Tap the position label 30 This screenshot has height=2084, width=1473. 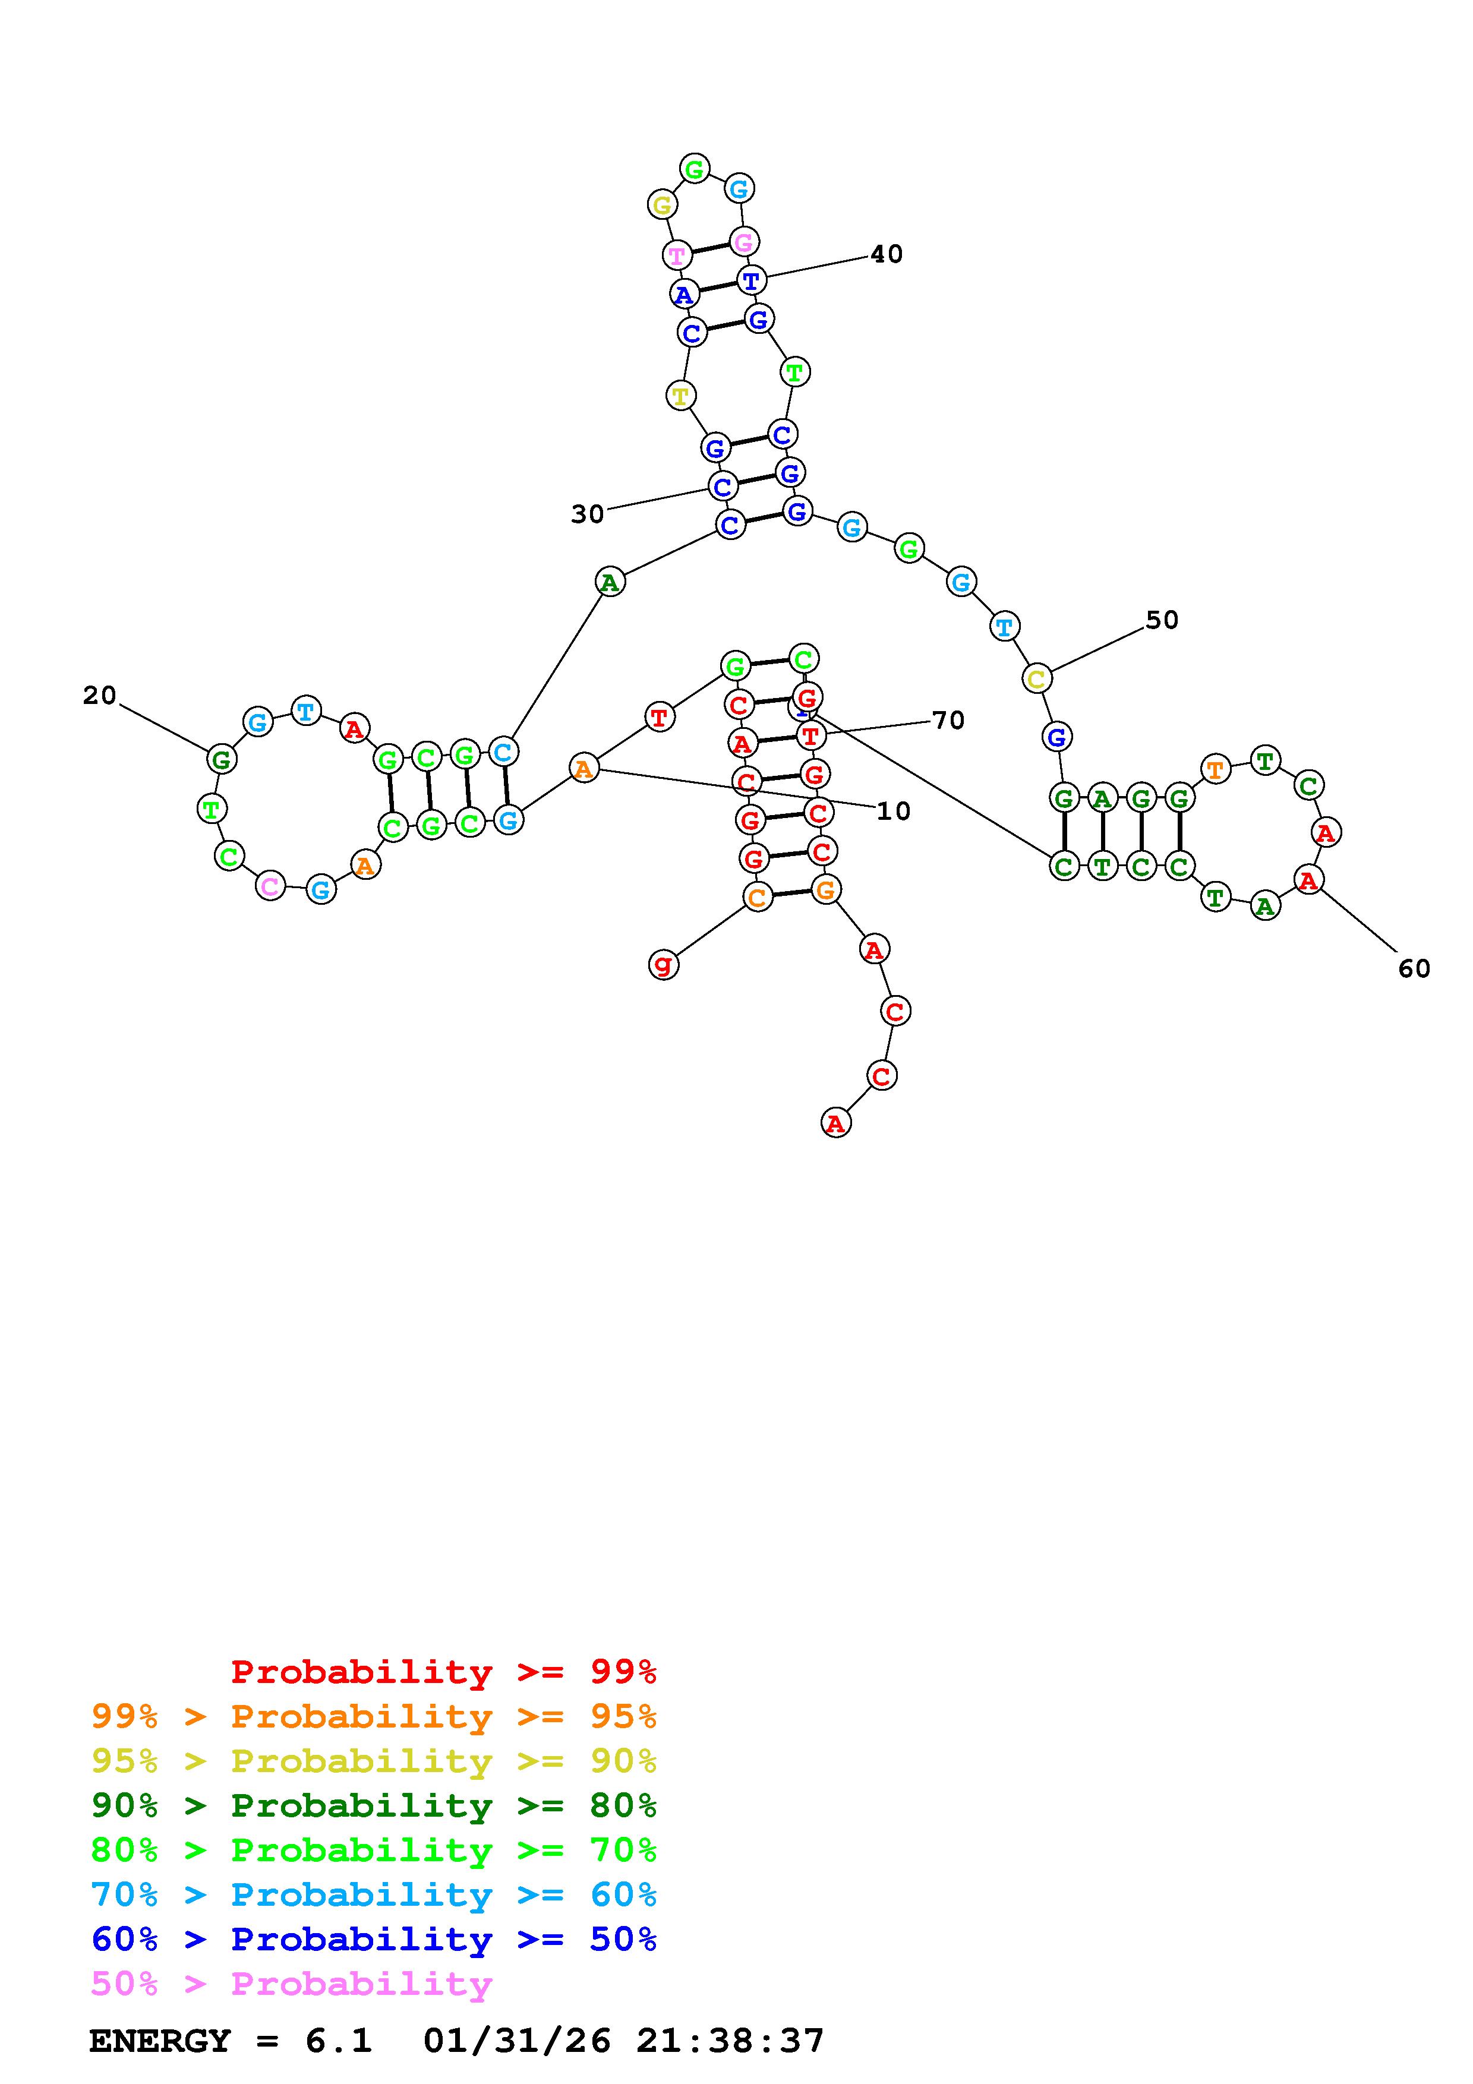pos(587,514)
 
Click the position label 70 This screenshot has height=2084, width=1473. pos(948,721)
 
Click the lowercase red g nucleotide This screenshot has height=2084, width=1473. pos(664,964)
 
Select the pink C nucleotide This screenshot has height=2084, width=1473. pos(270,886)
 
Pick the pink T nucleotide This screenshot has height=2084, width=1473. pos(677,254)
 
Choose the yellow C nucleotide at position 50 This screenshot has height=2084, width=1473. pos(1036,678)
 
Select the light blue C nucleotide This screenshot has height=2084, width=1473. pos(502,751)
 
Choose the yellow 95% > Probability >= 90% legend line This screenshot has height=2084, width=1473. pos(374,1761)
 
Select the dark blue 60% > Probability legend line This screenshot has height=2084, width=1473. pos(374,1939)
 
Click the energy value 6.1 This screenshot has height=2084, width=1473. pos(339,2041)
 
